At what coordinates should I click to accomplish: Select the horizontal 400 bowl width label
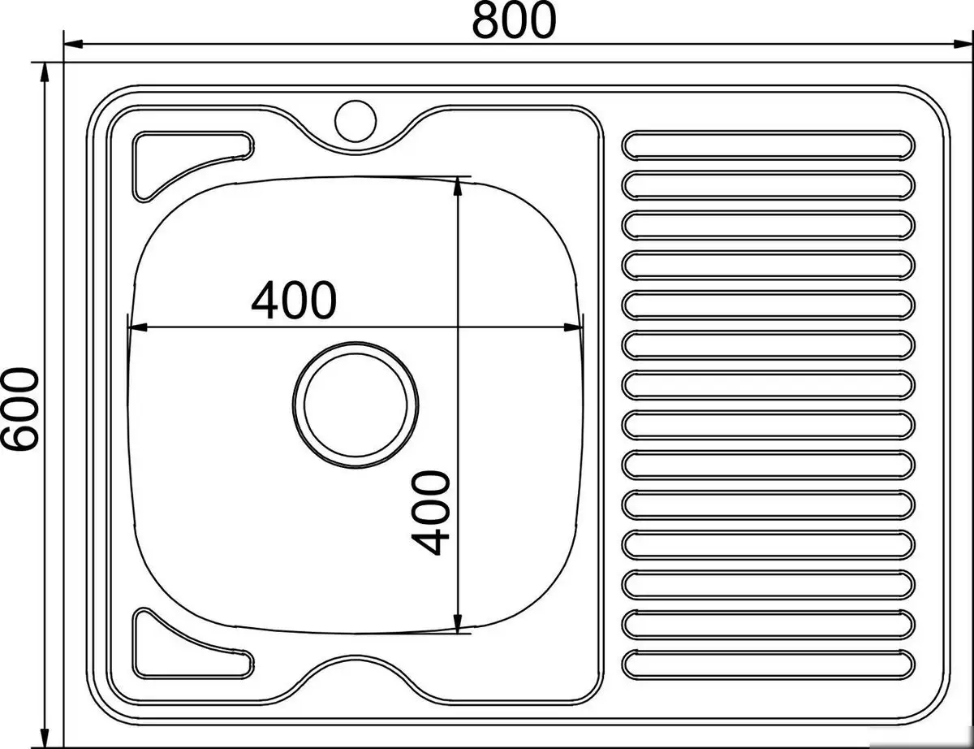[x=293, y=301]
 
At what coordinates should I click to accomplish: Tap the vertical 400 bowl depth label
[x=428, y=513]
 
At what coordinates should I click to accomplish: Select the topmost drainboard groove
[x=768, y=145]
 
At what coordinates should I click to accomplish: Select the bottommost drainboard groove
[x=768, y=664]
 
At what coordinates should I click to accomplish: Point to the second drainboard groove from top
[x=768, y=184]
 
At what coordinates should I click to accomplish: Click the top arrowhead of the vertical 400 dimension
[x=459, y=185]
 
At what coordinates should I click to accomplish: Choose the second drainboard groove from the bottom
[x=768, y=624]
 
